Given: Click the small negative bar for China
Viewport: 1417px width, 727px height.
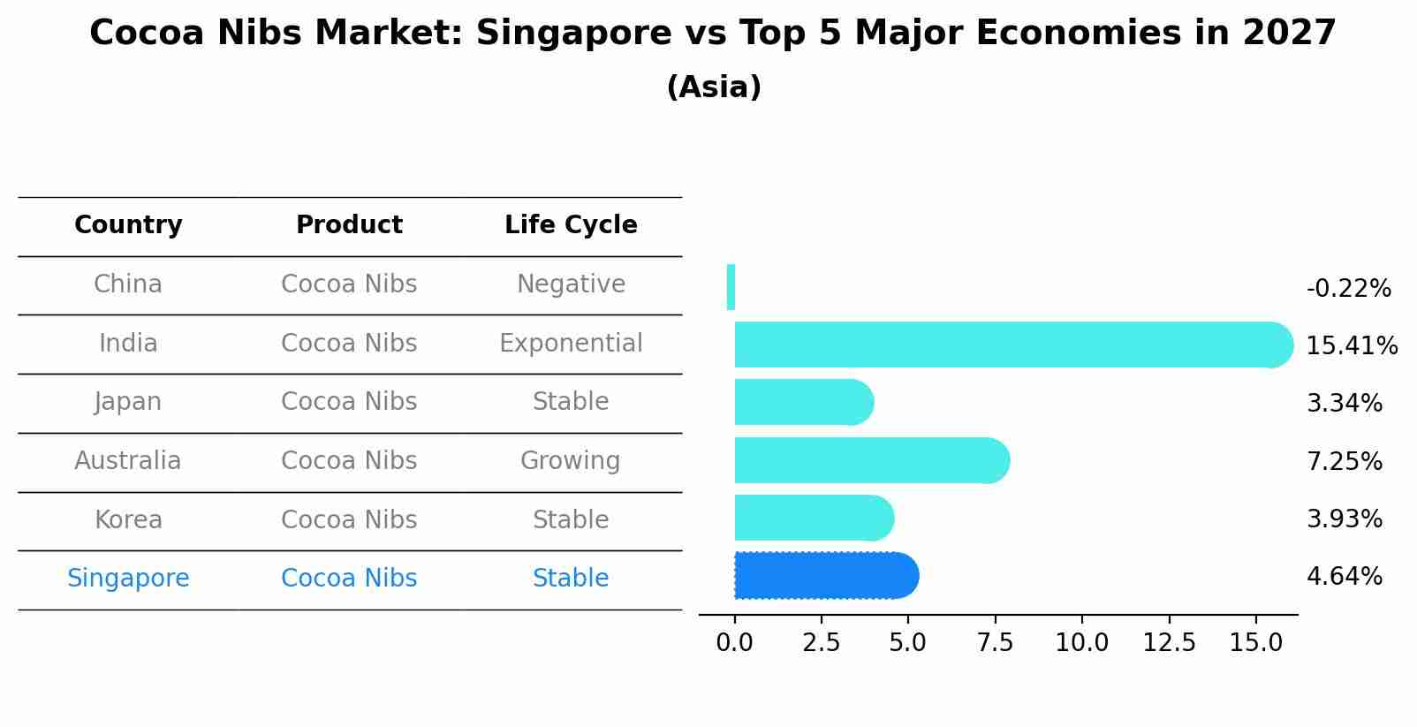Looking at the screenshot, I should [x=731, y=287].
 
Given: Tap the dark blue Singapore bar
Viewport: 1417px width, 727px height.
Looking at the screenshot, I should [x=826, y=576].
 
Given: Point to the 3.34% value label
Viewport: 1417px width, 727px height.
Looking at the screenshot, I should [x=1344, y=404].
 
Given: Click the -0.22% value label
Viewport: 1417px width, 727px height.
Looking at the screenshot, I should [x=1348, y=289].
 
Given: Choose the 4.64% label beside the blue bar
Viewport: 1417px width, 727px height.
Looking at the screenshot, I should [x=1344, y=577].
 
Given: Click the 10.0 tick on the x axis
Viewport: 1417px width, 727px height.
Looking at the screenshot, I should [x=1082, y=643].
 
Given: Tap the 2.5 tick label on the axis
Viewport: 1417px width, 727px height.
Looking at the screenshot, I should [x=821, y=643].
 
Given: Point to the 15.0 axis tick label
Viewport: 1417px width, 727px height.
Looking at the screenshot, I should [x=1256, y=643].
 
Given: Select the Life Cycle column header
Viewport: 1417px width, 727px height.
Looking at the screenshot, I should [x=571, y=225].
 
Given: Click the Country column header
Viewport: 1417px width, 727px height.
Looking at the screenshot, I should [x=128, y=225].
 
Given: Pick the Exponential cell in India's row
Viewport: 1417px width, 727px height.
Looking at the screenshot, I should [x=571, y=344].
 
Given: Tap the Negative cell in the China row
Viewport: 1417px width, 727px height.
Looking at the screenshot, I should [x=571, y=284].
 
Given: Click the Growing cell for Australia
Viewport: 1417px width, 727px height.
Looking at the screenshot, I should [x=571, y=461].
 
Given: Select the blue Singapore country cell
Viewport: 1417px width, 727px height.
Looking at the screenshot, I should [x=128, y=579].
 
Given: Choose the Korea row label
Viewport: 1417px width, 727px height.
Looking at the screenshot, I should [x=128, y=520].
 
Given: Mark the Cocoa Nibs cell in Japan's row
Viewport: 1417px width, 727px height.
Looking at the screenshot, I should [x=349, y=402].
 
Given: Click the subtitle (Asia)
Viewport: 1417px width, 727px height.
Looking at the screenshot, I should [x=714, y=87].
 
